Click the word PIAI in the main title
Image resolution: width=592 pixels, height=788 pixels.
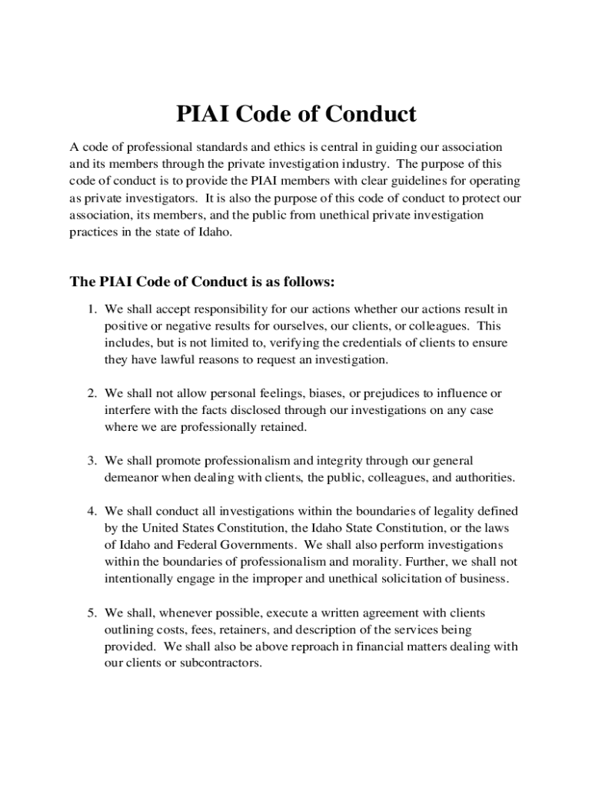click(203, 115)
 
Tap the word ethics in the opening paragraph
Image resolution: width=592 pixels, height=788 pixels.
click(288, 147)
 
